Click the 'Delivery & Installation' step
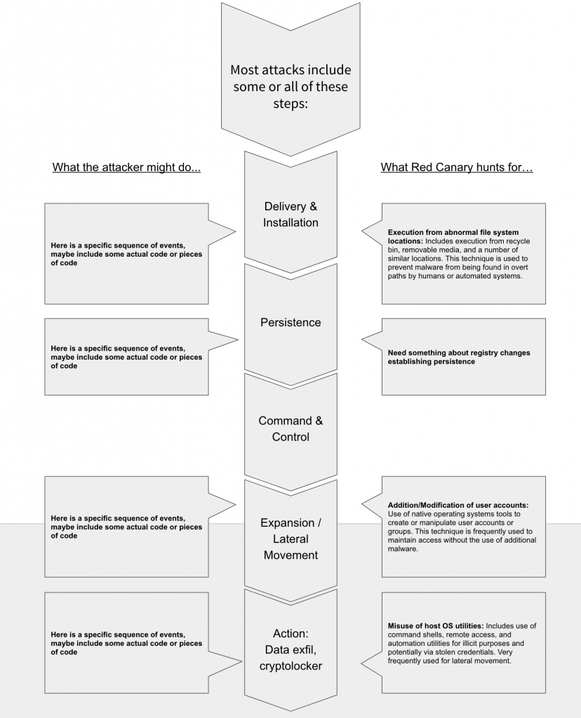click(x=290, y=215)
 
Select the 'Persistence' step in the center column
click(x=290, y=323)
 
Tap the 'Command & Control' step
click(x=290, y=428)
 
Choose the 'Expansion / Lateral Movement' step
click(x=290, y=538)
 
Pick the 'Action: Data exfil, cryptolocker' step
click(x=290, y=649)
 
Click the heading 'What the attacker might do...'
click(x=126, y=168)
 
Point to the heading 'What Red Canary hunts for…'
click(x=457, y=168)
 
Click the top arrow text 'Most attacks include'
click(x=290, y=70)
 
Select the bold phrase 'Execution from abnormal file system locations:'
click(x=453, y=236)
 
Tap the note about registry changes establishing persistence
click(x=459, y=357)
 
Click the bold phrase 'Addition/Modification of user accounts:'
click(x=458, y=505)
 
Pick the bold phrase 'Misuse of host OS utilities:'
click(x=435, y=625)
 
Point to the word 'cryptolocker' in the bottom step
click(x=290, y=665)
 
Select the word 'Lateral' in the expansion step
click(x=290, y=538)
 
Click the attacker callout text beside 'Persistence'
click(x=126, y=357)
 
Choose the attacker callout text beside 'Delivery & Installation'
click(x=126, y=254)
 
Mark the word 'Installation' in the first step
click(x=290, y=223)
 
